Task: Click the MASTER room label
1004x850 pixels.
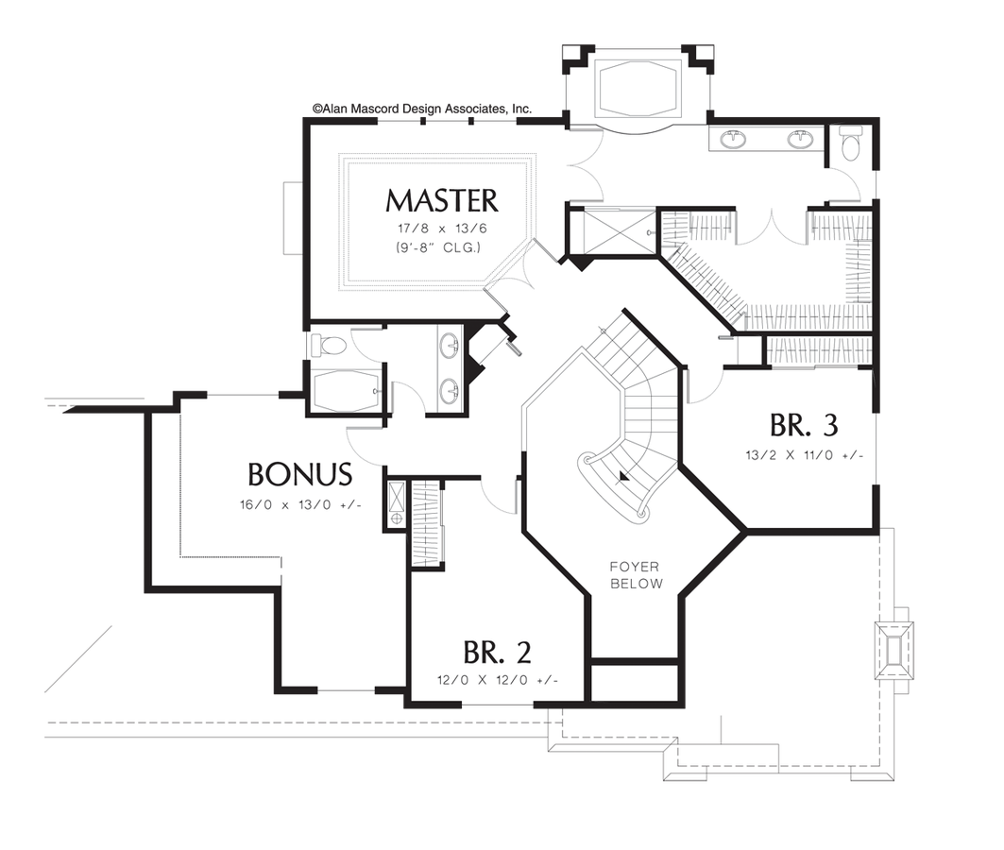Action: click(x=441, y=201)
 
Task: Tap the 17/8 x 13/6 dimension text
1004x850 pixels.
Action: click(x=441, y=229)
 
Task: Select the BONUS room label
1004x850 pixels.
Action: click(x=300, y=473)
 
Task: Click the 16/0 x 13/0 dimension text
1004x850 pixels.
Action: click(x=300, y=504)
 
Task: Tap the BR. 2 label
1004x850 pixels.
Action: click(x=497, y=652)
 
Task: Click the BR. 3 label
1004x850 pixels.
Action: click(x=804, y=425)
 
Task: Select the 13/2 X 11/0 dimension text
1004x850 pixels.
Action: click(x=804, y=454)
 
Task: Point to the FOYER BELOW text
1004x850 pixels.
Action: click(x=636, y=575)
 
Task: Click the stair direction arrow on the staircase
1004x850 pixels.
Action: click(x=622, y=477)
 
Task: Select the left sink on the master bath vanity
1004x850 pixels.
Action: click(x=733, y=140)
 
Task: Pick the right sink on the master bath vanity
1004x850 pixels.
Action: click(x=801, y=140)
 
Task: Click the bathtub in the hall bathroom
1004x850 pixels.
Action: click(x=347, y=391)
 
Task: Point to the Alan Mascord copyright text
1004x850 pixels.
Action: click(x=422, y=110)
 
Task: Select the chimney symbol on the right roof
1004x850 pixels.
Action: click(x=893, y=650)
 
